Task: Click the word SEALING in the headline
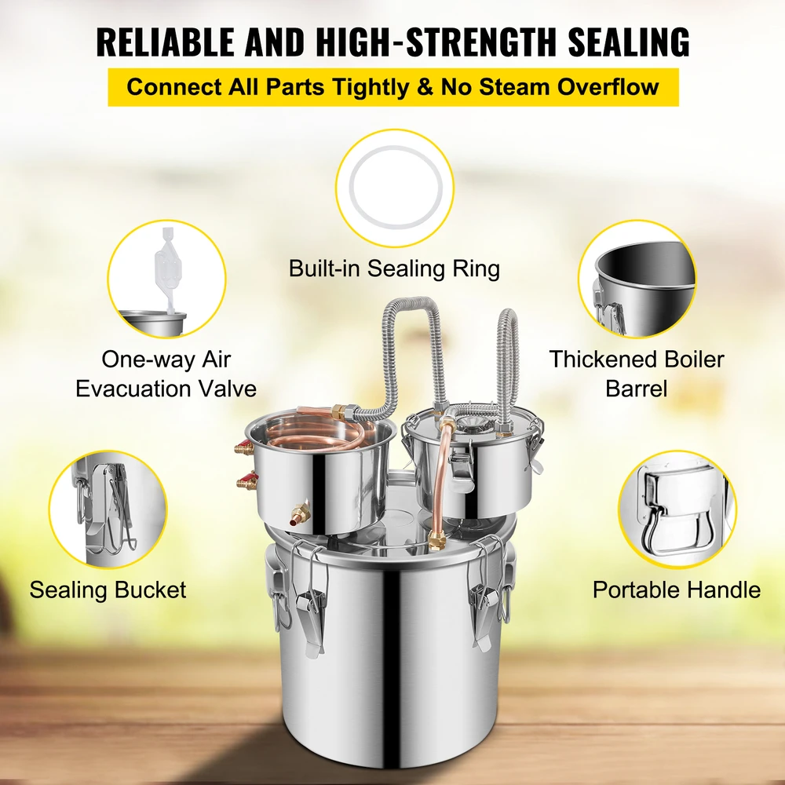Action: (x=629, y=42)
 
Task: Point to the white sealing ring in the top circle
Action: (x=396, y=188)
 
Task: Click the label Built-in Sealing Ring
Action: (x=395, y=268)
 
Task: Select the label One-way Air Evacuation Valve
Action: (x=166, y=374)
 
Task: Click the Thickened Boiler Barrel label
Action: (x=637, y=374)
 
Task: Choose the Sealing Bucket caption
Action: (x=108, y=590)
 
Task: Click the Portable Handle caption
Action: (x=677, y=590)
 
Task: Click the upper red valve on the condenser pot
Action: (x=244, y=447)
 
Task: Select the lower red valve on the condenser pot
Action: (x=246, y=483)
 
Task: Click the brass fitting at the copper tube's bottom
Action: (x=437, y=541)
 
